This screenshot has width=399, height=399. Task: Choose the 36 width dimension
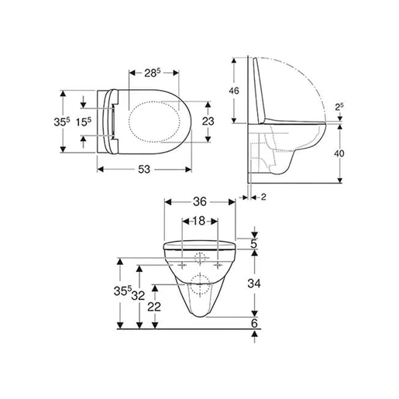click(x=200, y=200)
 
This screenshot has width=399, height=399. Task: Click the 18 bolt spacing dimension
click(x=199, y=221)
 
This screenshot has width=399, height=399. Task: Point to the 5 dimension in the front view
click(x=253, y=243)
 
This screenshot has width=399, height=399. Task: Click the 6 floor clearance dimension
click(x=253, y=322)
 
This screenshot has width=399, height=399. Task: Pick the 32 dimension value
click(x=139, y=295)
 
